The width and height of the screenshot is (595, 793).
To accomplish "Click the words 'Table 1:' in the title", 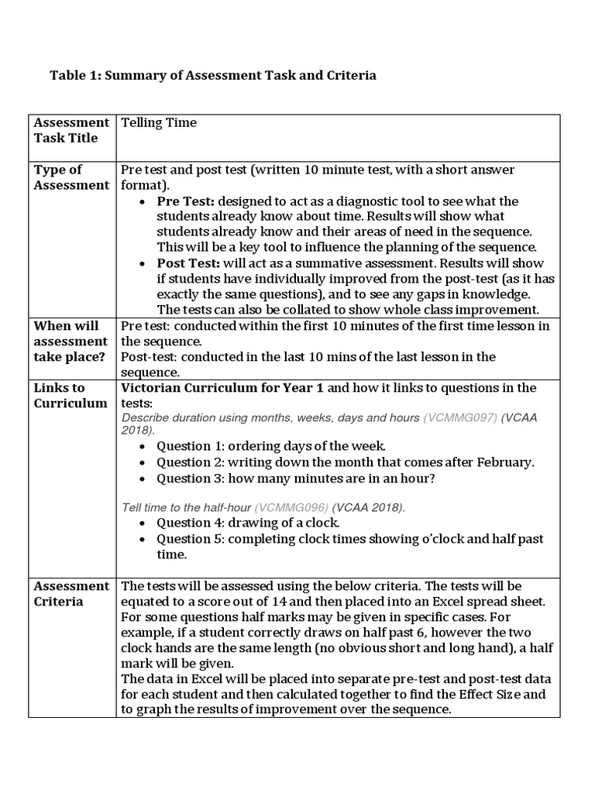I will [x=74, y=76].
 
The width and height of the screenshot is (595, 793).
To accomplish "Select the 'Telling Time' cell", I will [x=159, y=122].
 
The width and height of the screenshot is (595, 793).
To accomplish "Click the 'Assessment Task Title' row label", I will [x=71, y=130].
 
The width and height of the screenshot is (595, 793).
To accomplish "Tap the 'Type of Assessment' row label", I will [x=71, y=177].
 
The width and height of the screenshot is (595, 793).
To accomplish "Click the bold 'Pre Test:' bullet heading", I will [x=186, y=201].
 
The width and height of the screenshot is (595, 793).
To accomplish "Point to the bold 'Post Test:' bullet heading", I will [x=188, y=263].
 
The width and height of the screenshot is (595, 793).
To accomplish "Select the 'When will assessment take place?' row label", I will [x=71, y=342].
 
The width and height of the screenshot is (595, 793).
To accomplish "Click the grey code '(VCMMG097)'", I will [x=459, y=417].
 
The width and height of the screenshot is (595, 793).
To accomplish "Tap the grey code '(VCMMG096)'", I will [x=291, y=508].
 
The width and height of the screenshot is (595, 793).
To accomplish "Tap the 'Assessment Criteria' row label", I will [x=71, y=593].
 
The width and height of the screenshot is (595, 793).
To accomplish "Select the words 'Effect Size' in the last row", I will [x=491, y=694].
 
